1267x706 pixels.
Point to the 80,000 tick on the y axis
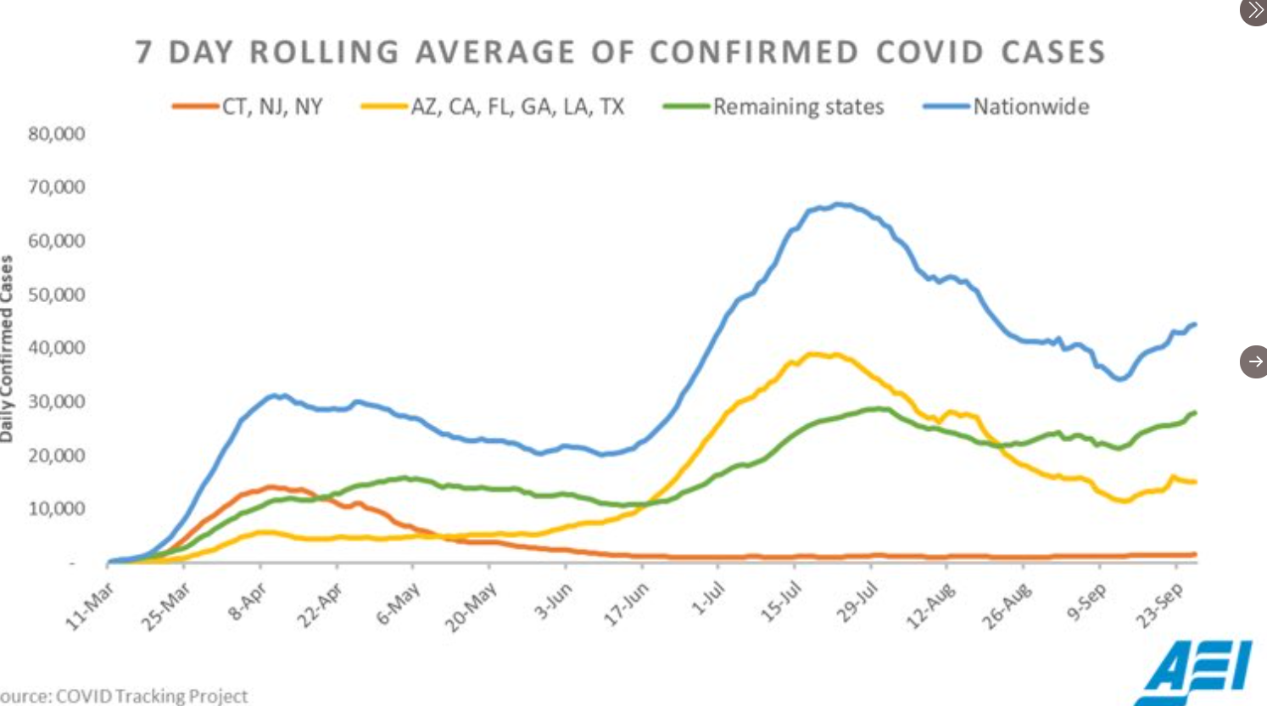(x=57, y=134)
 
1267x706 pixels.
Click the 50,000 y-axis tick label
(x=57, y=294)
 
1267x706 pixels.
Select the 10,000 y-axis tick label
(x=57, y=509)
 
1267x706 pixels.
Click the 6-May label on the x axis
(x=399, y=604)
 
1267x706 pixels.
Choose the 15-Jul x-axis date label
(x=781, y=604)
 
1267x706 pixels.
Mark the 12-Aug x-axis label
(x=932, y=606)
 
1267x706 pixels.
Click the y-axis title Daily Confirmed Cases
(x=8, y=348)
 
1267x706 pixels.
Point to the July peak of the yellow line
(x=816, y=354)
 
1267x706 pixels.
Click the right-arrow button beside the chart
(x=1253, y=361)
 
